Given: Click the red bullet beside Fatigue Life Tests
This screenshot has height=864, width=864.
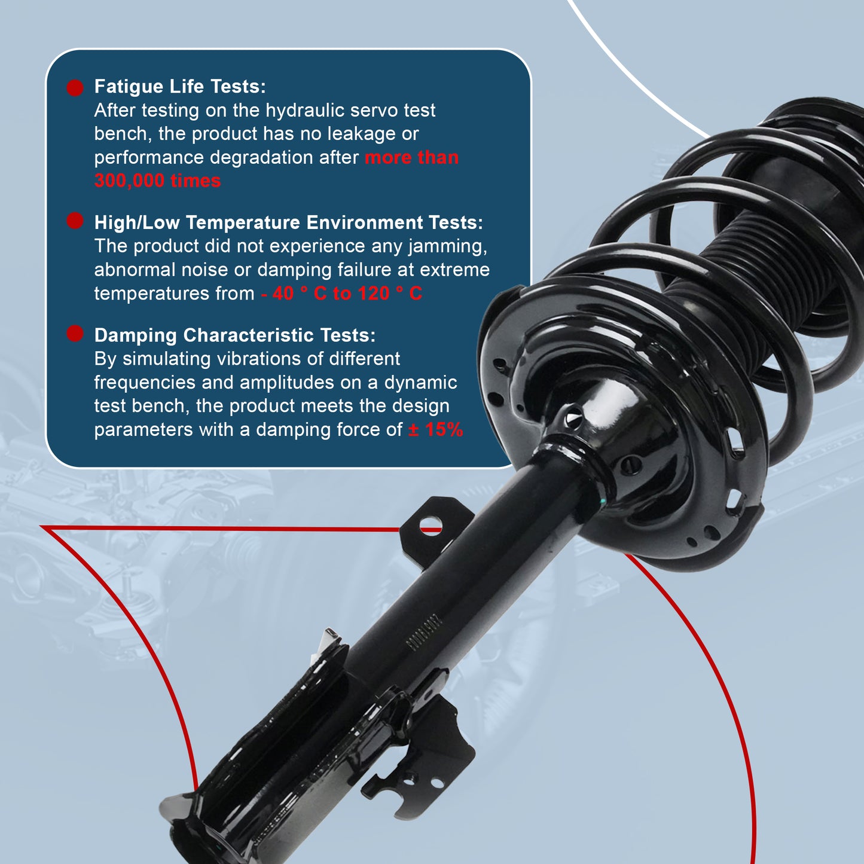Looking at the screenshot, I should pos(75,88).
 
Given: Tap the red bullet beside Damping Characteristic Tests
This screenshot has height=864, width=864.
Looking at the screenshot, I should pos(75,334).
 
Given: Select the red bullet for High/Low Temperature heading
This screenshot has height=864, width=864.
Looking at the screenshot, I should pos(75,221).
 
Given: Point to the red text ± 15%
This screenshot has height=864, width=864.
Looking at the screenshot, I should pos(436,429).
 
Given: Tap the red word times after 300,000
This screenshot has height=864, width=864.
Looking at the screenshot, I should pos(196,181).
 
